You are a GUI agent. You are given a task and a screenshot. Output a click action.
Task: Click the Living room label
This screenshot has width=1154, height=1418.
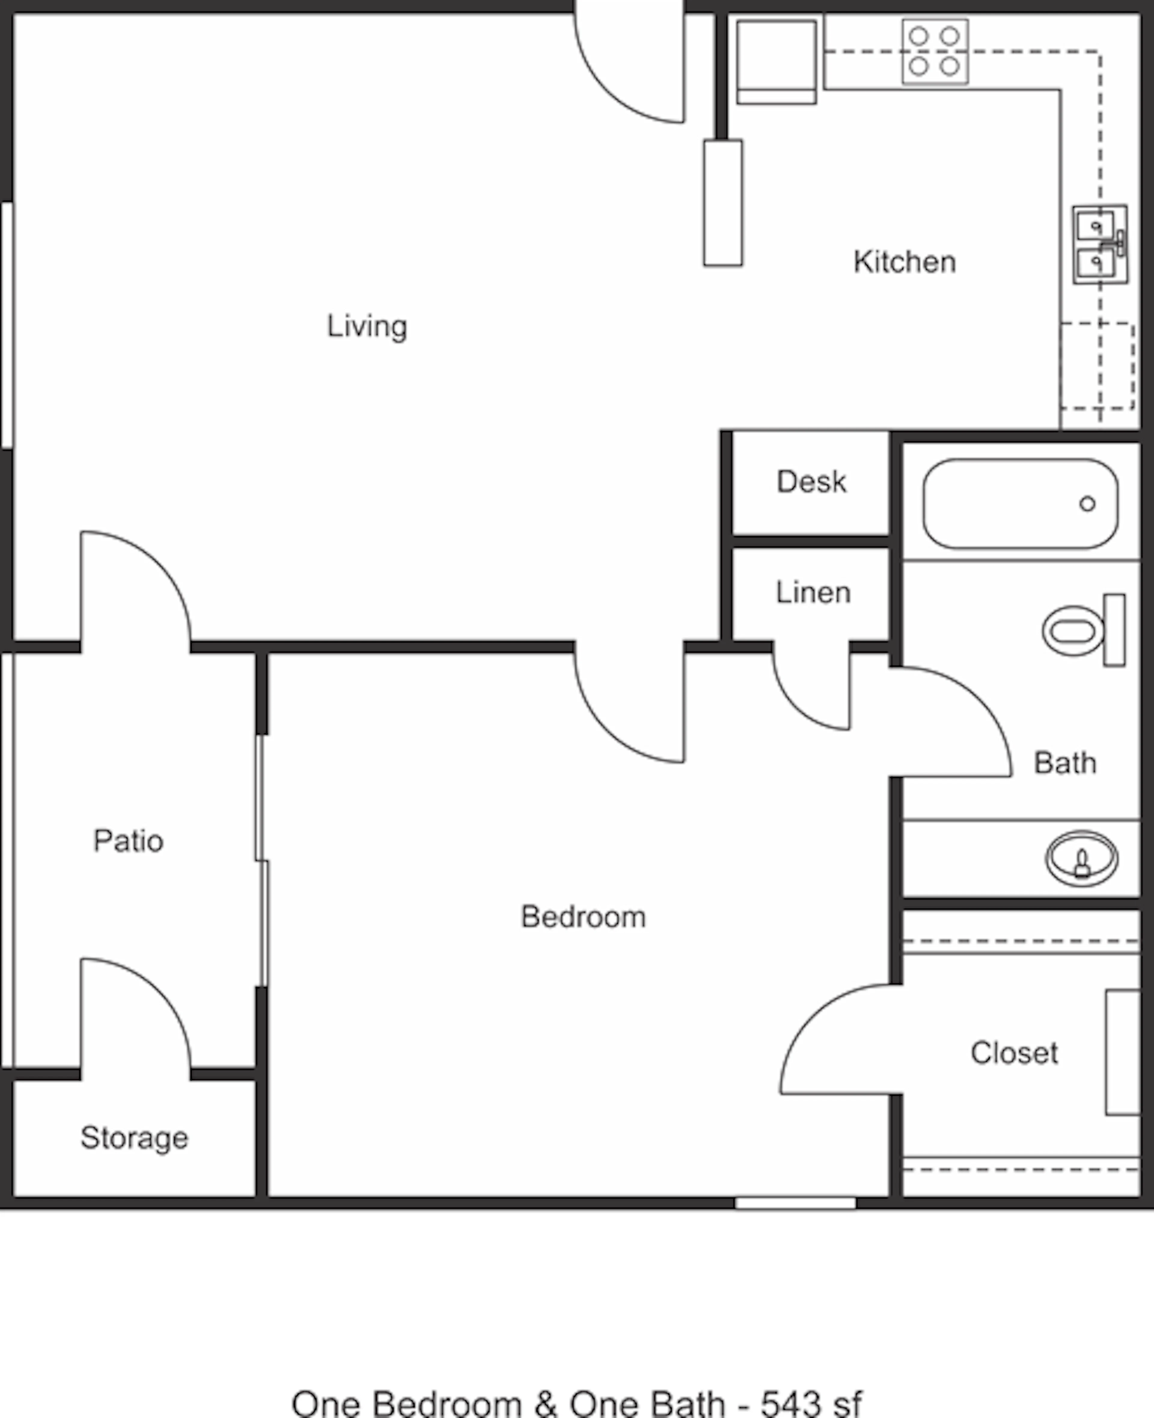point(367,326)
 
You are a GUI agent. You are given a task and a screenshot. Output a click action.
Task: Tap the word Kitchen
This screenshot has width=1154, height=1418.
point(905,262)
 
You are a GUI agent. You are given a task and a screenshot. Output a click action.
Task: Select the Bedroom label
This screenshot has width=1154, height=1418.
point(583,917)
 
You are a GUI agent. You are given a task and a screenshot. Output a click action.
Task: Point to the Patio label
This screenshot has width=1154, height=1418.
point(128,841)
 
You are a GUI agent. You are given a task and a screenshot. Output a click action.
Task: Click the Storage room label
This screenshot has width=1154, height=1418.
point(134,1138)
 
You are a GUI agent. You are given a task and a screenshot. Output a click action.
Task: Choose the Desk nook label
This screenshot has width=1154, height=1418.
point(812,481)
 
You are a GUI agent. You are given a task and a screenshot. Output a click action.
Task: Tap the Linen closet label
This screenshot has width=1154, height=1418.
point(813,592)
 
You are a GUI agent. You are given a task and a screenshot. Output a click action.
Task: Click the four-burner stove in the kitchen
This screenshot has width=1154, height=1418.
point(935,51)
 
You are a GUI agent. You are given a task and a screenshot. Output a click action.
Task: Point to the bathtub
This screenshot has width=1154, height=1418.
point(1020,503)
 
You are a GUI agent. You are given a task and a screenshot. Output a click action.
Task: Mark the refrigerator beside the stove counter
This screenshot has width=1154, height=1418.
point(777,62)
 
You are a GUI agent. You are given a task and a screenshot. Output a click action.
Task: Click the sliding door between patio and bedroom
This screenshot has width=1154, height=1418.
point(262,860)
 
